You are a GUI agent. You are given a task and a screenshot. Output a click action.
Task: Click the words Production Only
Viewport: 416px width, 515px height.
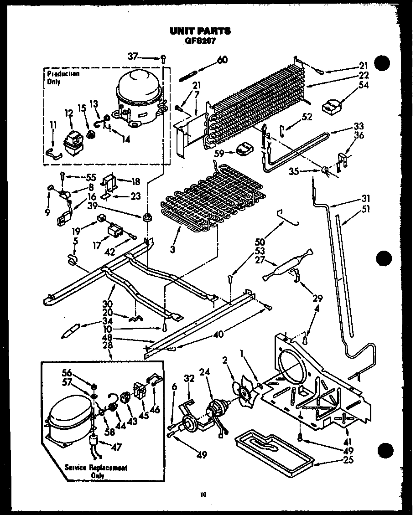[63, 78]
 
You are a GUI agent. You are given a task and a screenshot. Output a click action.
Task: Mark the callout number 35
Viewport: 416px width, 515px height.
[295, 172]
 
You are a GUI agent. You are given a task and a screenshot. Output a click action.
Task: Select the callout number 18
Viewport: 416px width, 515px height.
[135, 181]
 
